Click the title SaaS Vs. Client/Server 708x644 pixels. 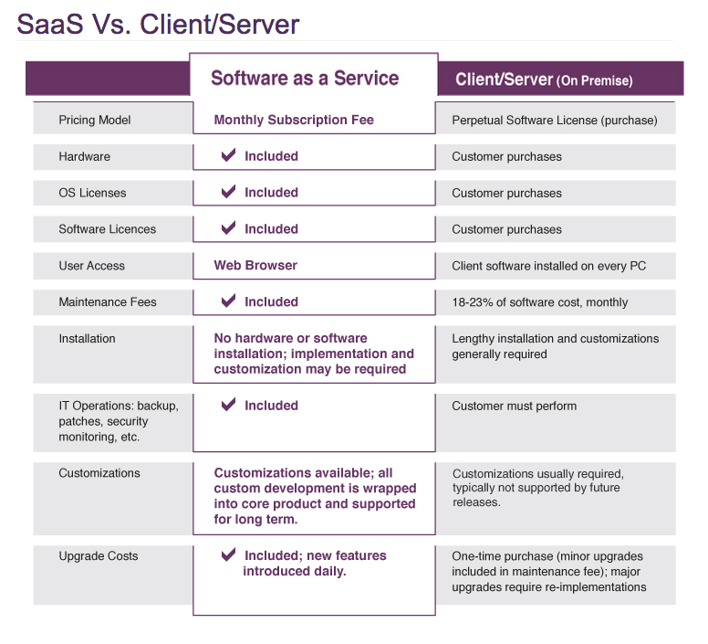click(x=158, y=25)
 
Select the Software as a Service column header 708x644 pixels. click(x=305, y=79)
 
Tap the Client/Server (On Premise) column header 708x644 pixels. click(x=544, y=80)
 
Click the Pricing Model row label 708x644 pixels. click(x=95, y=120)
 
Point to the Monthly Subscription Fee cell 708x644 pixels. click(x=294, y=120)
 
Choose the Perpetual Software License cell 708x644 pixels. click(x=554, y=120)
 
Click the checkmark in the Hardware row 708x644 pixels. click(x=229, y=156)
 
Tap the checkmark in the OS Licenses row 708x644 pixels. click(x=229, y=193)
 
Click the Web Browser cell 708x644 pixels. click(x=255, y=266)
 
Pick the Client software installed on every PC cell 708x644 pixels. click(x=549, y=266)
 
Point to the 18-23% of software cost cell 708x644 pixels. click(x=540, y=302)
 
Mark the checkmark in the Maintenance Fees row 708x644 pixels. click(x=229, y=301)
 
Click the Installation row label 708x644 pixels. click(x=88, y=339)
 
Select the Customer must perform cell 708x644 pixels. click(x=515, y=406)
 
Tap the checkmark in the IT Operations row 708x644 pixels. click(x=229, y=405)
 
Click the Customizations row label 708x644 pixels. click(x=99, y=473)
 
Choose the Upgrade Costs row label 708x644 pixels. click(x=99, y=555)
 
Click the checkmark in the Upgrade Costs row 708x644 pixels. click(x=229, y=554)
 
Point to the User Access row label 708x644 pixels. click(x=92, y=266)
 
